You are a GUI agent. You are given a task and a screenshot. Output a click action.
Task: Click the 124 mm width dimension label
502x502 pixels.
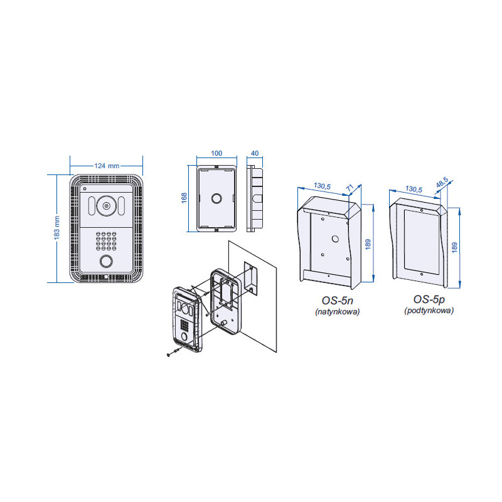tap(107, 166)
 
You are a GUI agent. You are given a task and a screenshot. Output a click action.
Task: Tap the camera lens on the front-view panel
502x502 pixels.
tap(107, 205)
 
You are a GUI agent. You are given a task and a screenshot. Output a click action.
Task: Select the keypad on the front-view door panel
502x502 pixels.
tap(106, 240)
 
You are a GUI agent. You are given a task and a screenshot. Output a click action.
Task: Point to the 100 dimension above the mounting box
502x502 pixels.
tap(216, 152)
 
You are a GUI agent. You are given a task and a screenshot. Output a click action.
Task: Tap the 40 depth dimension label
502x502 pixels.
tap(254, 152)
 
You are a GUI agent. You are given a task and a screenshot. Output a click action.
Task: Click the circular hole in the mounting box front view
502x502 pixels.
tap(216, 198)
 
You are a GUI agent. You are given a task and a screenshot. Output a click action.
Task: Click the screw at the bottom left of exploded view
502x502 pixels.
tap(173, 355)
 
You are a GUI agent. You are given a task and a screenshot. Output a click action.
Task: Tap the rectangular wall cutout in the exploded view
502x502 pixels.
tap(250, 278)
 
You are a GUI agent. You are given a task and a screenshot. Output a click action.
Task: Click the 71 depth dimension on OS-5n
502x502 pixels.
tap(350, 186)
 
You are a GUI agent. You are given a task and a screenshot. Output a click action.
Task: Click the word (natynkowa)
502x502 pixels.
tap(337, 311)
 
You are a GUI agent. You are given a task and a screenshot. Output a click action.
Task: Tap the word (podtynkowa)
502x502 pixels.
tap(429, 310)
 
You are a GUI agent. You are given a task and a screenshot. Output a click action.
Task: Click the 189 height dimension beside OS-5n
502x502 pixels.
tap(370, 243)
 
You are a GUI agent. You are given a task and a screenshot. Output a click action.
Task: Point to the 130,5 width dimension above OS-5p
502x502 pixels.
tap(414, 188)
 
